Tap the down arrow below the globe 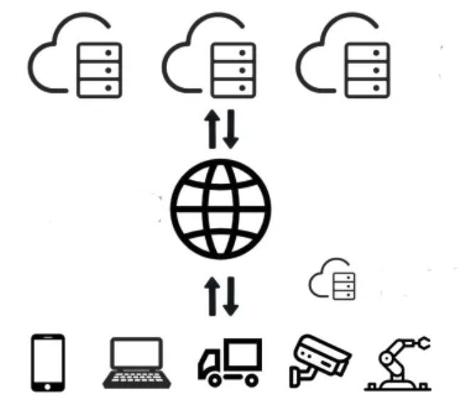click(232, 298)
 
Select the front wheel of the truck click(214, 380)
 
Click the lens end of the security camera click(340, 353)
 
